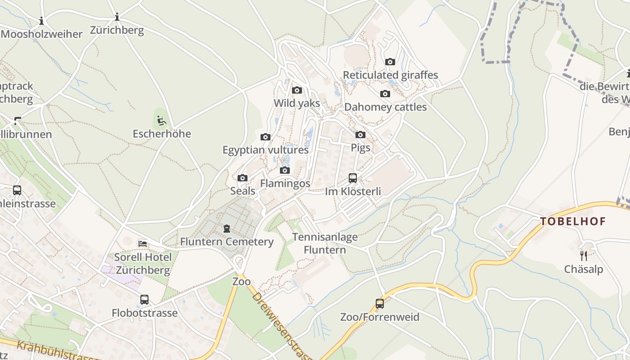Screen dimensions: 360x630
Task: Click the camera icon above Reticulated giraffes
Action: coord(390,62)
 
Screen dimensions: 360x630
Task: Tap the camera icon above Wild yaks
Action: coord(297,90)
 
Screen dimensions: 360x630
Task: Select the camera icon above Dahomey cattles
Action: coord(385,94)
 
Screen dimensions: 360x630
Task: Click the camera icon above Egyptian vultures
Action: coord(265,137)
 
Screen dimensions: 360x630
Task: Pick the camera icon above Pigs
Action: coord(360,135)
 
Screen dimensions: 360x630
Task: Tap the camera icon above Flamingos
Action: coord(285,170)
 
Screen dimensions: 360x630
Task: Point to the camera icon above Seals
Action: coord(243,178)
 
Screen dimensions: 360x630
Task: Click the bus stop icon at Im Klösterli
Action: coord(353,178)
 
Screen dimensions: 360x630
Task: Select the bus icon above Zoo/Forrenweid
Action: coord(380,304)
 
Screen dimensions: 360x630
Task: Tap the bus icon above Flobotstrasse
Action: coord(144,300)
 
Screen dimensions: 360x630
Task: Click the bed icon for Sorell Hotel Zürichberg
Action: coord(143,243)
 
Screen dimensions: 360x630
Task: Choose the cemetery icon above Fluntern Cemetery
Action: coord(227,229)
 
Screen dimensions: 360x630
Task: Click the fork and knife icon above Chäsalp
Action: coord(584,256)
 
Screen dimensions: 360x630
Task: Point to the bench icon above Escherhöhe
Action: coord(162,121)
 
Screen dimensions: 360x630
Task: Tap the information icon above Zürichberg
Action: coord(117,17)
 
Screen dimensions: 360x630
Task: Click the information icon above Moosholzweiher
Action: coord(41,21)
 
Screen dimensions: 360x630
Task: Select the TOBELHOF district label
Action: coord(573,221)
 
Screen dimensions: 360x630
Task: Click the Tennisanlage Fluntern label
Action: coord(325,243)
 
